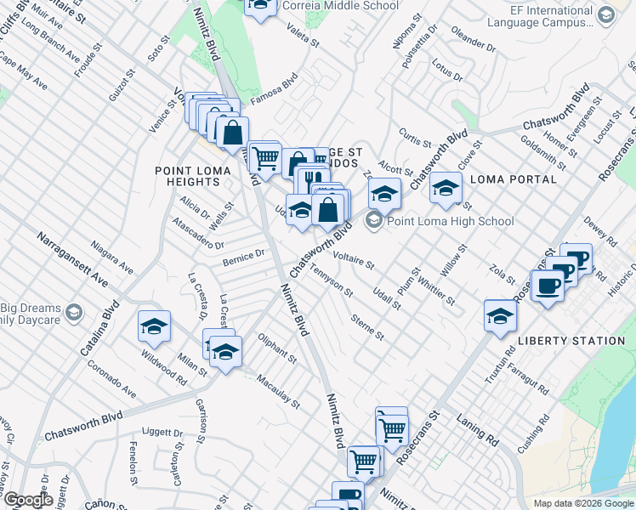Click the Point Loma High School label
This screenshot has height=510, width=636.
coord(451,222)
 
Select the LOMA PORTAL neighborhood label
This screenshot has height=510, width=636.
coord(513,179)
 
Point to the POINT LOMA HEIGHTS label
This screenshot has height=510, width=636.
coord(188,176)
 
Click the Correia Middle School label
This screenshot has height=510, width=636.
coord(349,6)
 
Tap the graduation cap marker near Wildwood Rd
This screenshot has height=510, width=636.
coord(154,327)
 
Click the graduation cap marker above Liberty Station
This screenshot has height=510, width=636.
coord(500,316)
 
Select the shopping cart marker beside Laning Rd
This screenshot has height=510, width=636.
coord(392,429)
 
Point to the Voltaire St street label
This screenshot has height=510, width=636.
coord(354,258)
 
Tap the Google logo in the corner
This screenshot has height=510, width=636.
coord(27,500)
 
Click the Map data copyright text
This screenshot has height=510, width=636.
coord(582,503)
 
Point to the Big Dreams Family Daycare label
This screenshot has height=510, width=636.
coord(32,316)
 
